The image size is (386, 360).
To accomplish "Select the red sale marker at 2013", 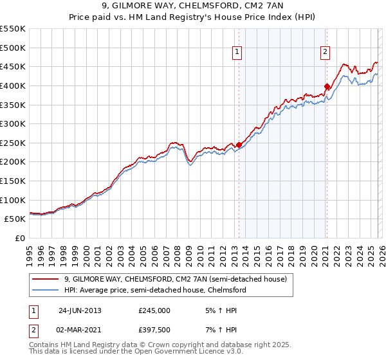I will point(239,145).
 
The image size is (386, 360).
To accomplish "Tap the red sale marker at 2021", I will point(327,86).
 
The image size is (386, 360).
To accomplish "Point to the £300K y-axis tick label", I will point(13,123).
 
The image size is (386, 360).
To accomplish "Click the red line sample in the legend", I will point(45,279).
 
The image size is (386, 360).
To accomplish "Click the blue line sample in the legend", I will point(45,290).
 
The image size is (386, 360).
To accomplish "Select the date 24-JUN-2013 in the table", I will point(80,310).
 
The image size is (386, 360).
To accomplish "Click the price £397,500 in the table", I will point(154,329).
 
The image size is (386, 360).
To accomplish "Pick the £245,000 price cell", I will point(154,310).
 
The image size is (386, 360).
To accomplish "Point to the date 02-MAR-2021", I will point(80,329).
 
